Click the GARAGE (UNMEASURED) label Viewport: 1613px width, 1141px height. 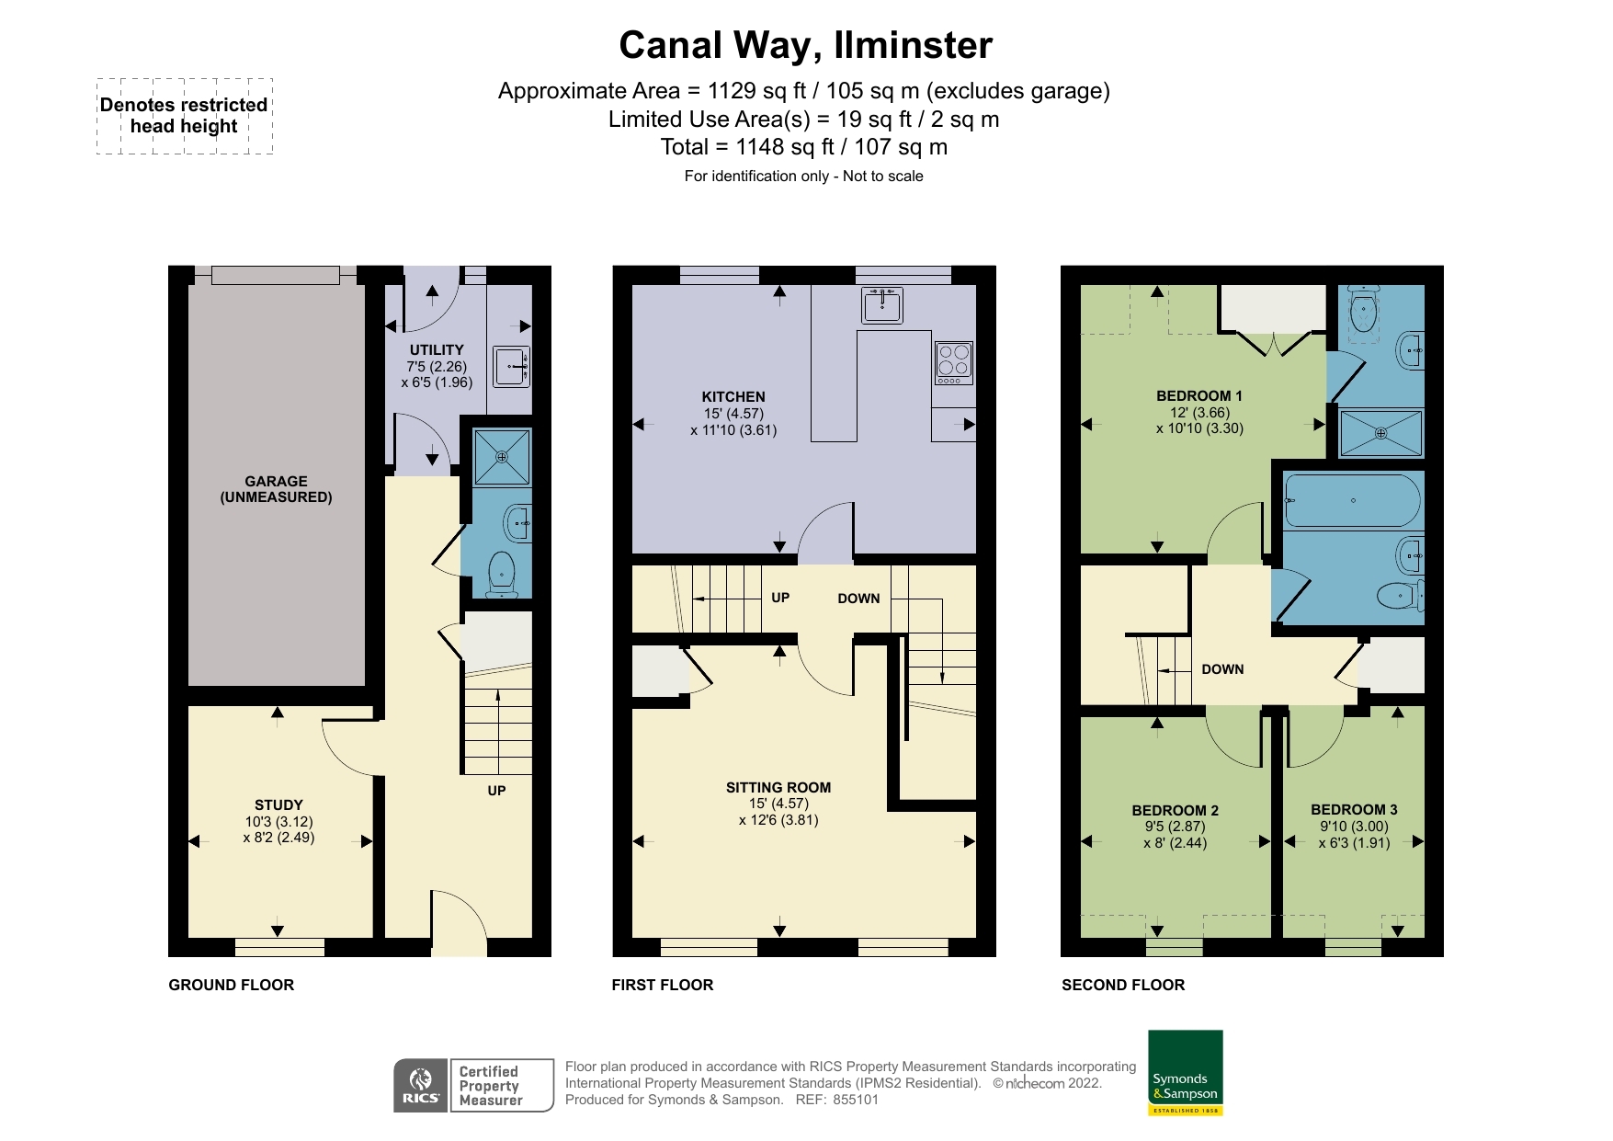coord(276,489)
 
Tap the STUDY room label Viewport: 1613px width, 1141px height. coord(278,805)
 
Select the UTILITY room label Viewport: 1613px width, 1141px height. coord(437,350)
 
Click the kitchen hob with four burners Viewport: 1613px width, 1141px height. coord(954,363)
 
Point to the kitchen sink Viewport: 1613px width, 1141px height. coord(882,305)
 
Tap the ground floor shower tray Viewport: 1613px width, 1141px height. coord(502,457)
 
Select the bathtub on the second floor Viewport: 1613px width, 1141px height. coord(1353,501)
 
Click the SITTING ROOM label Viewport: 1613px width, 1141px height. coord(778,788)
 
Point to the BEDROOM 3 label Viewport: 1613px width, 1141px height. coord(1354,810)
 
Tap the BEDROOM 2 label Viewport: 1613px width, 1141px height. coord(1176,811)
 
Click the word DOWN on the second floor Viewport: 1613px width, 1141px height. coord(1222,669)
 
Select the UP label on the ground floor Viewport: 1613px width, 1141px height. coord(496,791)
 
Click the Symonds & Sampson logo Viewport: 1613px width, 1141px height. coord(1186,1073)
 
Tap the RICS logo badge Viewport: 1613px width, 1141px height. coord(421,1086)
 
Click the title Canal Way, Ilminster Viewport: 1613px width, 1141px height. coord(806,45)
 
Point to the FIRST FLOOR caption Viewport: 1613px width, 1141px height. coord(663,985)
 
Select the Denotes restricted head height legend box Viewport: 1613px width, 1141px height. coord(185,116)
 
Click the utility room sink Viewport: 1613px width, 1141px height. coord(512,367)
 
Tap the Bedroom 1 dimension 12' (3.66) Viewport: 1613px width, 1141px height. coord(1199,413)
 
